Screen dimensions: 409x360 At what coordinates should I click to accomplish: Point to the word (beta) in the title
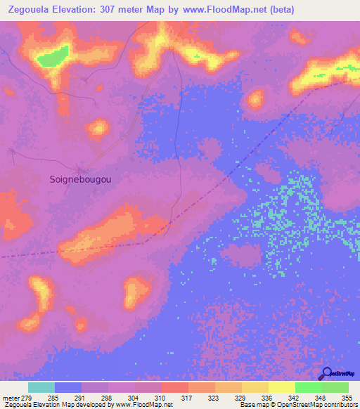coord(280,10)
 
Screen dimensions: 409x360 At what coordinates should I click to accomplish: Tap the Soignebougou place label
coord(82,179)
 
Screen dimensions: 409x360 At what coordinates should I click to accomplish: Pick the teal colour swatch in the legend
coord(41,387)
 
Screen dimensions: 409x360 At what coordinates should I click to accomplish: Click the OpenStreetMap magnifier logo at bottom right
coord(326,373)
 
